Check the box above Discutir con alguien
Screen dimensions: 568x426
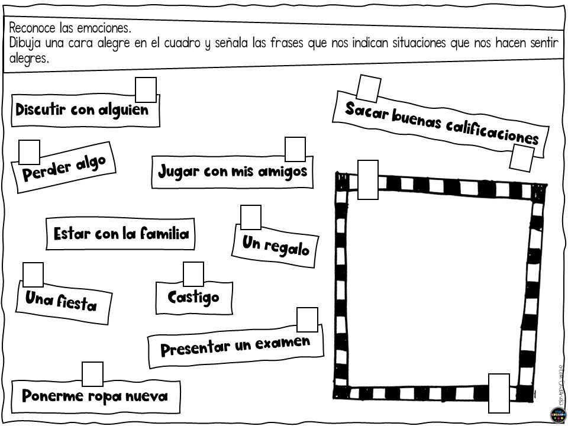pyautogui.click(x=146, y=90)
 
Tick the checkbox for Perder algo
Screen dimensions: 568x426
pyautogui.click(x=30, y=153)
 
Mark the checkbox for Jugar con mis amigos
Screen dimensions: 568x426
pyautogui.click(x=295, y=149)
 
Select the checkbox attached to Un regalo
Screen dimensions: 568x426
pyautogui.click(x=251, y=217)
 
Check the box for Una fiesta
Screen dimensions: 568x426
pyautogui.click(x=33, y=275)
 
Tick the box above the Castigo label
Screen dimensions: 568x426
pyautogui.click(x=193, y=274)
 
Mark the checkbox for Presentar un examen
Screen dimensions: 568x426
pyautogui.click(x=308, y=320)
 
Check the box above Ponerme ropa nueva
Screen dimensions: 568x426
pyautogui.click(x=92, y=374)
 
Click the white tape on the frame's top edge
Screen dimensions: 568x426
pyautogui.click(x=368, y=180)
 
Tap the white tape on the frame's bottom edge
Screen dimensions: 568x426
pyautogui.click(x=499, y=393)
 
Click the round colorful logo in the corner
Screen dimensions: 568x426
pyautogui.click(x=558, y=415)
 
